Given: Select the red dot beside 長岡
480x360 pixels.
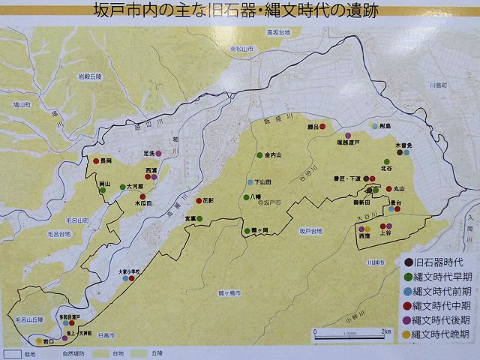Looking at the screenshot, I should (96, 160).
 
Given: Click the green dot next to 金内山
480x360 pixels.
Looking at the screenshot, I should (259, 155).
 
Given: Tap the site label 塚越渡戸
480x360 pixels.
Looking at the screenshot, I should (349, 141).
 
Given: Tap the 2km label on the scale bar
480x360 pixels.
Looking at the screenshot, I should (385, 331).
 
